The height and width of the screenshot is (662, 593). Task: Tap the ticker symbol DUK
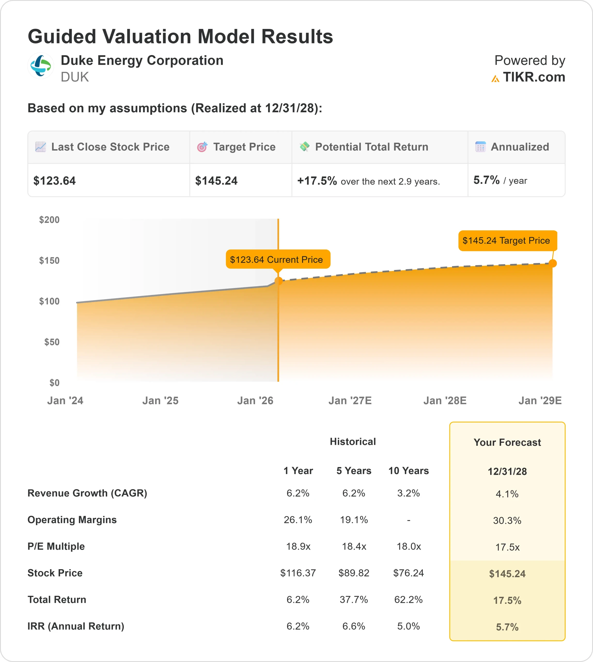coord(75,77)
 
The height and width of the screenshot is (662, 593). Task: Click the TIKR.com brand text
coord(534,77)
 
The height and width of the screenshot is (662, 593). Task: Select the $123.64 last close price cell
coord(54,181)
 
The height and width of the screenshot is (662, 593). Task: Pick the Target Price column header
coord(244,147)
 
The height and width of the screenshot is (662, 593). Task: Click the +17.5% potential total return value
coord(317,181)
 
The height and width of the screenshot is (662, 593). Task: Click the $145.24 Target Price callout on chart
coord(507,241)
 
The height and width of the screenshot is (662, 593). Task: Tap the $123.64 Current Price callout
coord(278,259)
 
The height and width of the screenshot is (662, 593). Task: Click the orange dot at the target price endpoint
coord(552,263)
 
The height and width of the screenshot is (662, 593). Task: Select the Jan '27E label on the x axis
coord(350,400)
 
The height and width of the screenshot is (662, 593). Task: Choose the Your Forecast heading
coord(507,442)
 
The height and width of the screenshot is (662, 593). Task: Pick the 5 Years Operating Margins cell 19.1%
coord(354,520)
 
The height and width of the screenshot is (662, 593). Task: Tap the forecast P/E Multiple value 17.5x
coord(507,547)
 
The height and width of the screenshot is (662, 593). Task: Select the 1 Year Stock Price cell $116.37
coord(298,573)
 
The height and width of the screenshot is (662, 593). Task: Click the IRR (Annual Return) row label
coord(76,626)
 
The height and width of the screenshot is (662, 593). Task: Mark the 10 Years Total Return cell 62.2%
coord(408,600)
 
